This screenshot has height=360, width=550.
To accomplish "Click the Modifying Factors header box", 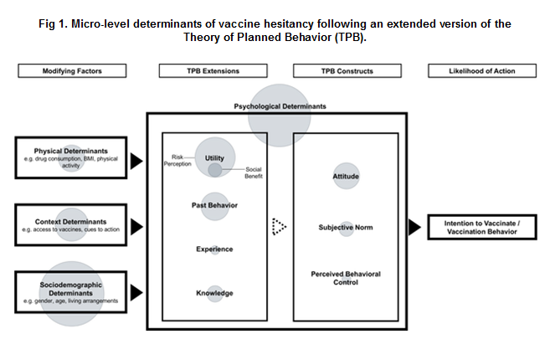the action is (72, 71).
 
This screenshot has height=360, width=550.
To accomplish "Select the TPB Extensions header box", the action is (213, 71).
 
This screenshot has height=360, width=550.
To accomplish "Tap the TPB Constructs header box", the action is (347, 71).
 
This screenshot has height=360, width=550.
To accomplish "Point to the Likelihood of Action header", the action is (482, 71).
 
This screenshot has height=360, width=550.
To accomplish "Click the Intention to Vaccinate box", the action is (482, 227).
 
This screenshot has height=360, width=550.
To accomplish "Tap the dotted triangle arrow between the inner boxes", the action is (279, 227).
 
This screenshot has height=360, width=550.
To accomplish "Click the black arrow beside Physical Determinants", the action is (136, 161).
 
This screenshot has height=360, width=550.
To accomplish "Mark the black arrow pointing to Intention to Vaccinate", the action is (414, 227).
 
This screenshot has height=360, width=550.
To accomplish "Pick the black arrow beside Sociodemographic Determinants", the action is (136, 293).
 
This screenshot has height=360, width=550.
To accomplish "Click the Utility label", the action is (214, 158).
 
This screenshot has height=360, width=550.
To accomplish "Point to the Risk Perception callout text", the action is (177, 161).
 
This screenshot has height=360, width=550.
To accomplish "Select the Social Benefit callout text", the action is (254, 172).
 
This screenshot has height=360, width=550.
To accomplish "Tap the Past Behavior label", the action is (214, 205).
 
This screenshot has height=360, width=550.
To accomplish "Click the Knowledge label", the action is (214, 293).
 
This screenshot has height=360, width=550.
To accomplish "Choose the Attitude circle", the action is (346, 176).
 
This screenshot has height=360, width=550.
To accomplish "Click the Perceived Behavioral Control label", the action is (346, 278).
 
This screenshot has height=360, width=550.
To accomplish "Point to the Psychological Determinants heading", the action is (280, 106).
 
